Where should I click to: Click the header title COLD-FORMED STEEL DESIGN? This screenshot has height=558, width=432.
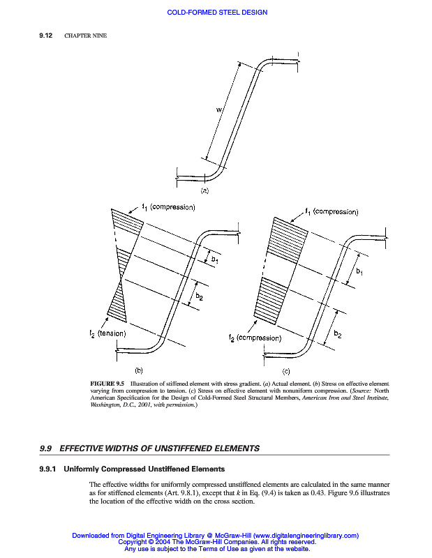click(217, 13)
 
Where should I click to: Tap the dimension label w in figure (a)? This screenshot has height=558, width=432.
click(219, 109)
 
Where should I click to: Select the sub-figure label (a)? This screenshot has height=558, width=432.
click(205, 190)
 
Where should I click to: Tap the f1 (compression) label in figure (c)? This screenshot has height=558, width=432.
click(332, 211)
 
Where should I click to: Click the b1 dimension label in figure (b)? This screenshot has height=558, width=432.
click(215, 260)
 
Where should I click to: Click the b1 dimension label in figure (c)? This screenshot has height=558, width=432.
click(359, 272)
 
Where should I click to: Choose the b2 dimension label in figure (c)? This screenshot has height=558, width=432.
click(338, 334)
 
